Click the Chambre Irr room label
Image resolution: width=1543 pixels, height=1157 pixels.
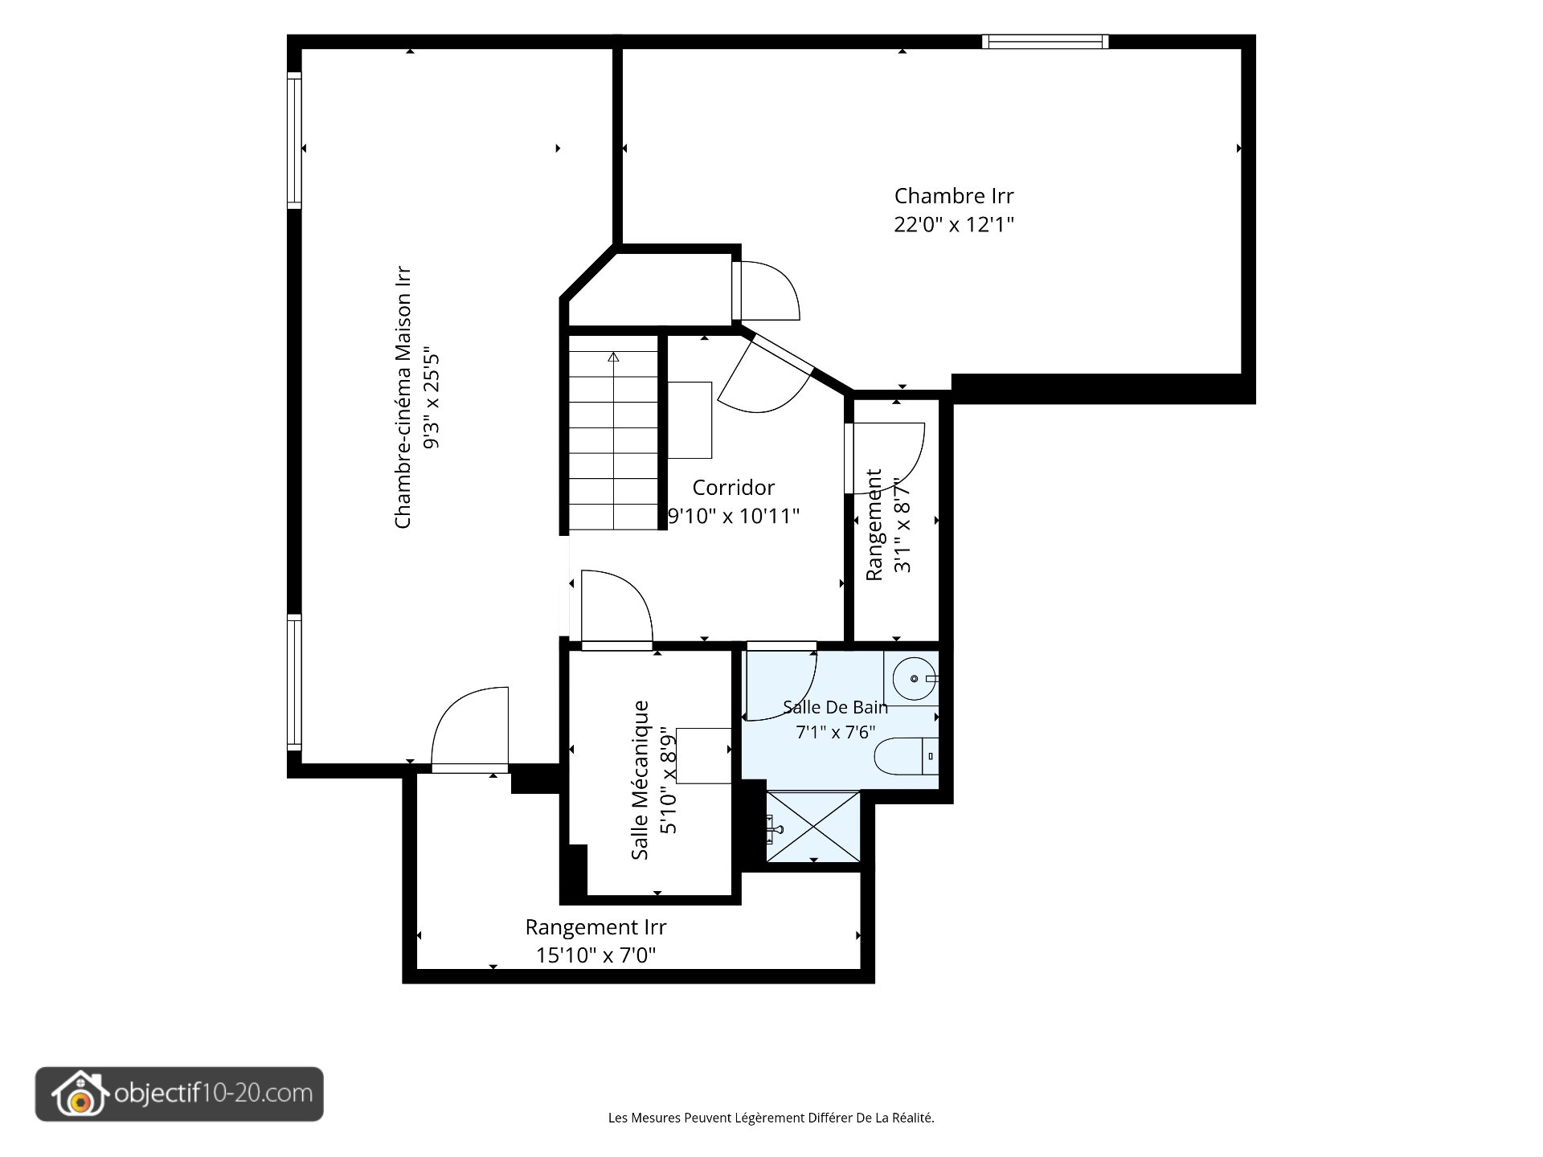pos(954,196)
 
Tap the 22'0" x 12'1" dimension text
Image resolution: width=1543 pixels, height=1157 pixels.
pos(954,224)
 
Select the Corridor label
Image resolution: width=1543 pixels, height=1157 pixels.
pos(734,488)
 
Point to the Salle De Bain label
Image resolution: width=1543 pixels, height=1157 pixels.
pos(836,707)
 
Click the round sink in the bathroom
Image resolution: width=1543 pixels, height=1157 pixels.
pos(915,679)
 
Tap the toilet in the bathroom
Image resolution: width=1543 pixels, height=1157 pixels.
pos(906,755)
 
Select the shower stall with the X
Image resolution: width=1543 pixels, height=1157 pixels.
pos(813,827)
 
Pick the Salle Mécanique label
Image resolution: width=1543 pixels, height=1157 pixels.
pos(640,780)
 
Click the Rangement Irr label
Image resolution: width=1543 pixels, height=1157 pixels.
pos(596,927)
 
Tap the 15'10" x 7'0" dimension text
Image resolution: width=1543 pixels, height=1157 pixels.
pos(596,955)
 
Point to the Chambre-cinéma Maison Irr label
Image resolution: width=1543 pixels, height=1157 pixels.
pos(403,398)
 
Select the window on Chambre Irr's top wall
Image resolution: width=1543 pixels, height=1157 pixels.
pos(1045,42)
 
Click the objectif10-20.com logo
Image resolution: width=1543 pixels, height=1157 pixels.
pos(179,1094)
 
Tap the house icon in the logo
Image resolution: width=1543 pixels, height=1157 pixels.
pos(79,1094)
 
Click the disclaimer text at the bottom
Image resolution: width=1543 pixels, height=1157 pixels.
pos(771,1118)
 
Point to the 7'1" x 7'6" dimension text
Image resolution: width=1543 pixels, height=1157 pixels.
pos(836,732)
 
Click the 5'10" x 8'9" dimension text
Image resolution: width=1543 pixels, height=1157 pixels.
pos(669,780)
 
